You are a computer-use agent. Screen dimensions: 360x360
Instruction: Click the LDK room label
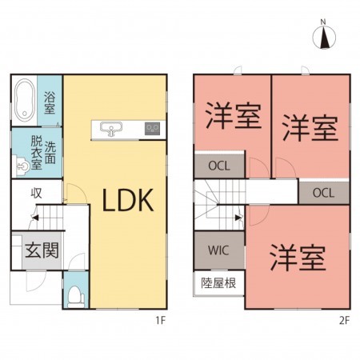pos(127,200)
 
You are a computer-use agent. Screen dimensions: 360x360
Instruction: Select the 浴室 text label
pos(50,102)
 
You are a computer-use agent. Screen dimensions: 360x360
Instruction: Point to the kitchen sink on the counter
pos(109,128)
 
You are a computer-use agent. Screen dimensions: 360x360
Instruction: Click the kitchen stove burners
pos(153,128)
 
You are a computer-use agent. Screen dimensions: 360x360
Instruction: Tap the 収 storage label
pos(37,192)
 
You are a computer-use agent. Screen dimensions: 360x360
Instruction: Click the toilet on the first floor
pos(74,294)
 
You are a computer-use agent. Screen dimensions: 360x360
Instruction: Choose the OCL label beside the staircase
pos(219,166)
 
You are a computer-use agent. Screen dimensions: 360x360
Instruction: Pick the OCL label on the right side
pos(324,193)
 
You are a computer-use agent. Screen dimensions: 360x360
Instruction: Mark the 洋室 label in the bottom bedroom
pos(297,258)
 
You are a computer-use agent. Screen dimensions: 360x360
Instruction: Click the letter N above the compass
pos(322,22)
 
